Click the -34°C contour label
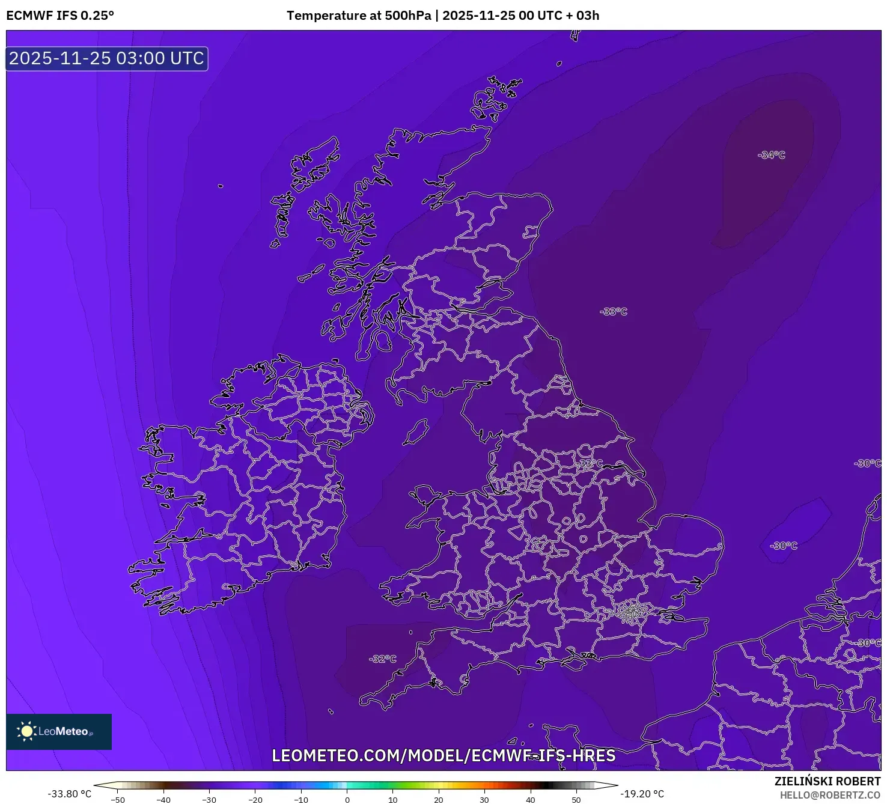tap(772, 155)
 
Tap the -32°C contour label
tap(383, 659)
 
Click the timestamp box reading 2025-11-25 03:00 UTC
tap(107, 59)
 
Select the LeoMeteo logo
tap(59, 731)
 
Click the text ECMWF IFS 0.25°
tap(60, 16)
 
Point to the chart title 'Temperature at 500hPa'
tap(359, 16)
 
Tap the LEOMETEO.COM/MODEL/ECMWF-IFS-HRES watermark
tap(443, 755)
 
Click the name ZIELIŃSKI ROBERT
tap(828, 781)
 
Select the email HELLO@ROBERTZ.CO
tap(830, 795)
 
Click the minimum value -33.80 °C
tap(70, 794)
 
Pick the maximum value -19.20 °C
tap(642, 794)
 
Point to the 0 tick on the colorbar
tap(347, 800)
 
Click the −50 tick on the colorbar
tap(118, 800)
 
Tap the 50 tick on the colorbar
tap(576, 800)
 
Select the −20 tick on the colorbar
tap(255, 800)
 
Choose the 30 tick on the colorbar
tap(484, 800)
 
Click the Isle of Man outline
tap(416, 432)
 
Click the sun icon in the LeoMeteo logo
tap(26, 731)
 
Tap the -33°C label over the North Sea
tap(613, 311)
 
